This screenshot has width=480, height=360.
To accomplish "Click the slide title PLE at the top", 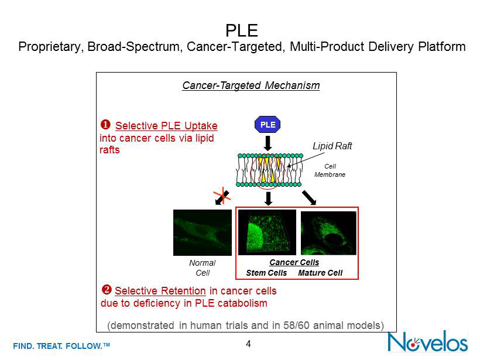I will point(242,30).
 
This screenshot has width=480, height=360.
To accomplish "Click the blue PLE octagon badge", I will point(268,125).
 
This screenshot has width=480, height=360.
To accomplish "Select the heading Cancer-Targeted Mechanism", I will point(251,85).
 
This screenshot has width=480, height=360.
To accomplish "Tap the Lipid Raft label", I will point(332,146).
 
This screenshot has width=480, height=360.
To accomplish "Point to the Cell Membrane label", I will point(330,170).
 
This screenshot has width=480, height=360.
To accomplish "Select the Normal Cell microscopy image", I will point(202,232).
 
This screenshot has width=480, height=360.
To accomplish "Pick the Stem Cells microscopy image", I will point(266,232).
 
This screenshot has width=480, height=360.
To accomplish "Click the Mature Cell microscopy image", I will point(328,232).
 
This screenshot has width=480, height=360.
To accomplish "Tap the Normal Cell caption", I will point(202,268).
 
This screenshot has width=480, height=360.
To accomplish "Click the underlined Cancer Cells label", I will point(294,262).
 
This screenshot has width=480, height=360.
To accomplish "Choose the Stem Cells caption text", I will point(266,273).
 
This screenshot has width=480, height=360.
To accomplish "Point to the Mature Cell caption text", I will point(320,273).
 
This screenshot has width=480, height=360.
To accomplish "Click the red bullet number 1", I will point(106,125).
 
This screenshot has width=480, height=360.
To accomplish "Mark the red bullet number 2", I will point(107,290).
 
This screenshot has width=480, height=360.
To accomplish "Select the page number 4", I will point(248,344).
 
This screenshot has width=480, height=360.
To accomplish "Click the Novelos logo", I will point(428,341).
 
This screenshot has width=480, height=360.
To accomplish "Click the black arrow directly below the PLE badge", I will point(268,143).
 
